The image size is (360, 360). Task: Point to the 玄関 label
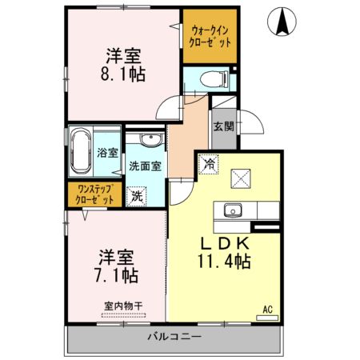[223, 126]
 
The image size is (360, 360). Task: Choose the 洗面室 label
[146, 166]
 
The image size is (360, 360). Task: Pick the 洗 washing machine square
[138, 195]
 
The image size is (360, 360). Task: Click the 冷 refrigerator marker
[207, 164]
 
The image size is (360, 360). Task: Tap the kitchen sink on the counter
[234, 211]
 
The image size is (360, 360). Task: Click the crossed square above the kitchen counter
[240, 177]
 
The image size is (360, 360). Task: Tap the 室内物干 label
[122, 304]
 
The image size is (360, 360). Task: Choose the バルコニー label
[174, 337]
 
